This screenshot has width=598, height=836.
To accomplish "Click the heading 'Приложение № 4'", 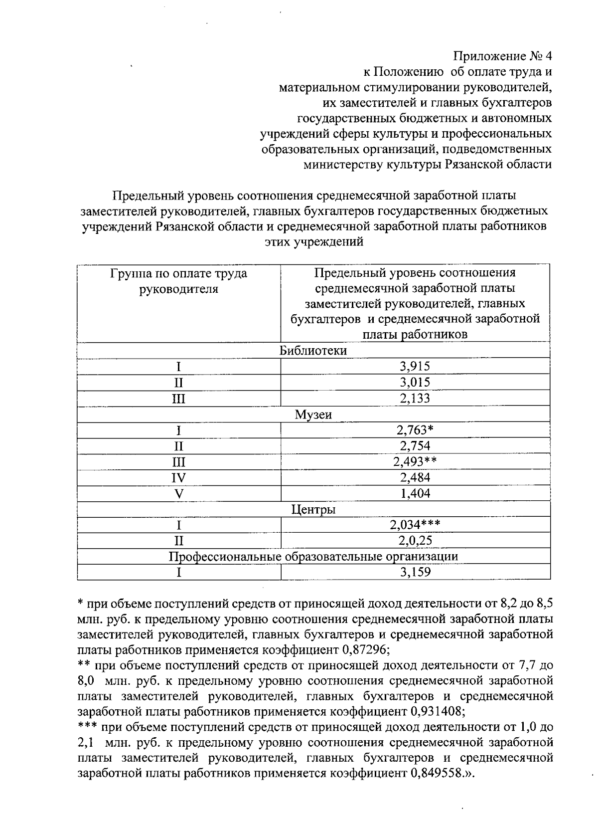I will [503, 55].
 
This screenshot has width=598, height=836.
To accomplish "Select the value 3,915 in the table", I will [415, 367].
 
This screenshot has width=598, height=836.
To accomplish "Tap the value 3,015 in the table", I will [415, 383].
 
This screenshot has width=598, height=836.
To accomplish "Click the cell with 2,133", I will [415, 398].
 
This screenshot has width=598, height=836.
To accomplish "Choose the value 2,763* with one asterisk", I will [415, 430].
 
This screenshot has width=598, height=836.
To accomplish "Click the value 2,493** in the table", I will [415, 461].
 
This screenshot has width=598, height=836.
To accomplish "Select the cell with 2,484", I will [415, 477].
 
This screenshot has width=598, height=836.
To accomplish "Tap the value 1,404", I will [415, 493].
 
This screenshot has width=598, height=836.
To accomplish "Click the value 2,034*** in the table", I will [415, 525].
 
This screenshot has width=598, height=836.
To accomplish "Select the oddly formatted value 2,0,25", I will [415, 541].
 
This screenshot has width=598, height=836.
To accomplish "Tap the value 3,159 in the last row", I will [415, 572].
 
